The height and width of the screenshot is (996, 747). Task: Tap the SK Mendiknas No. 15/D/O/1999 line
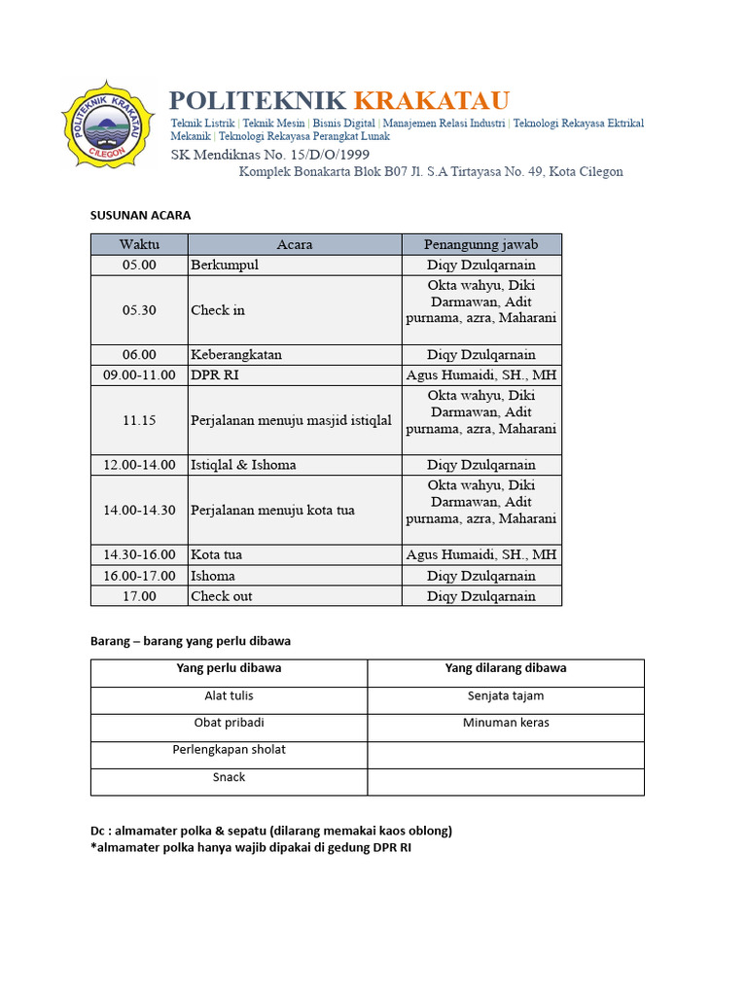tap(269, 155)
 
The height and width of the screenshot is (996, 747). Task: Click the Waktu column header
tap(139, 244)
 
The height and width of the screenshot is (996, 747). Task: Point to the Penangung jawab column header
tap(480, 244)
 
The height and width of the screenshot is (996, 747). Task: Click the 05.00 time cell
tap(139, 265)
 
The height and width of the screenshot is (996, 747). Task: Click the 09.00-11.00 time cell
tap(139, 375)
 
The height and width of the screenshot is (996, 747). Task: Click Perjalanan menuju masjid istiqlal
tap(291, 421)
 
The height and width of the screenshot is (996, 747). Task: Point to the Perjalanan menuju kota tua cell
tap(272, 510)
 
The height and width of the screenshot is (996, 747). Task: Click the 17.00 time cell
tap(139, 596)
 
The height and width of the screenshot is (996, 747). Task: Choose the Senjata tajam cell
tap(505, 695)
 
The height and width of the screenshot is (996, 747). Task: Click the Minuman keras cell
tap(505, 723)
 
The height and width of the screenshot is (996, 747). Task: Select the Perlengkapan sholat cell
tap(229, 750)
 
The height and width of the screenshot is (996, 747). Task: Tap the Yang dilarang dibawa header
tap(505, 668)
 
